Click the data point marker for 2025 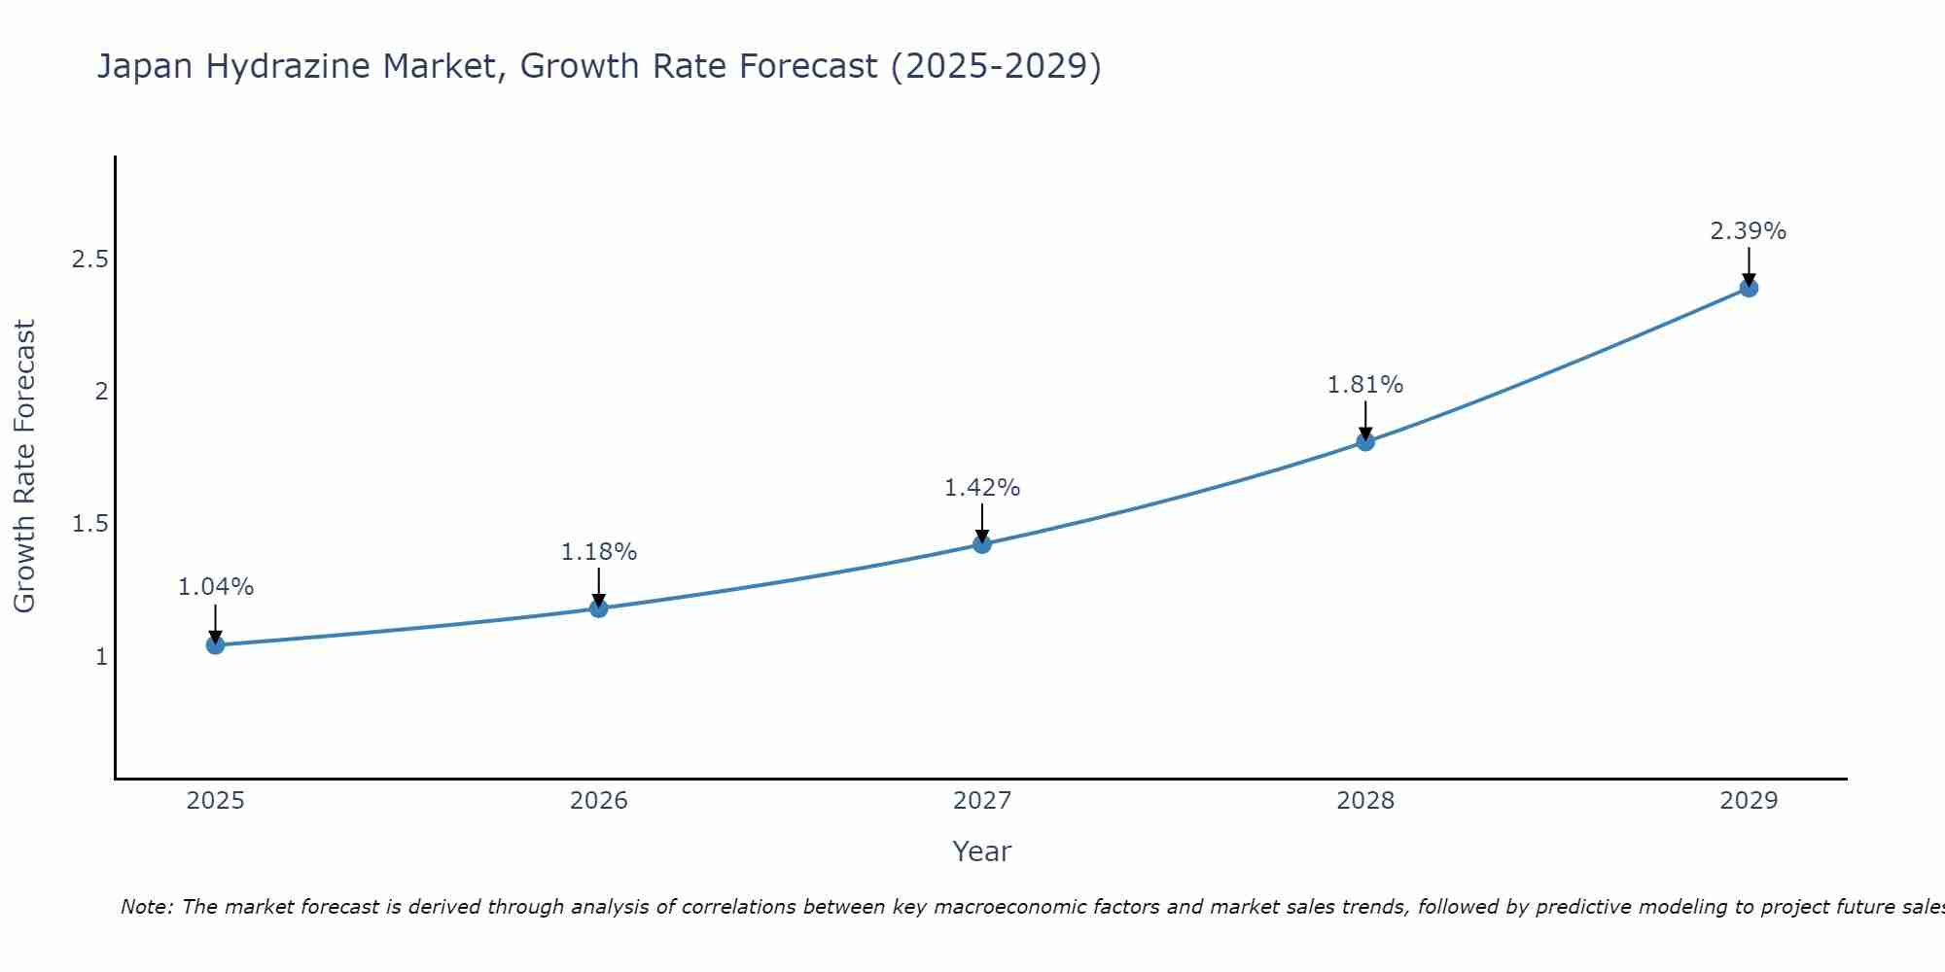click(215, 644)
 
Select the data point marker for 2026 click(598, 608)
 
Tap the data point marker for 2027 click(982, 544)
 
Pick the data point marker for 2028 click(1365, 442)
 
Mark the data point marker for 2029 click(1749, 288)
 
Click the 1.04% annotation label click(215, 587)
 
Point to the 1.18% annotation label click(598, 552)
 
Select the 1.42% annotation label click(982, 488)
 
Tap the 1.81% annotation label click(1365, 385)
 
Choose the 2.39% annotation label click(1749, 231)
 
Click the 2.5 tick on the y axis click(89, 260)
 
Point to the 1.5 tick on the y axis click(89, 524)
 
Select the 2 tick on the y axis click(100, 392)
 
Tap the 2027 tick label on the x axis click(982, 801)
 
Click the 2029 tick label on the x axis click(1749, 801)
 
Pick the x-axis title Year click(982, 851)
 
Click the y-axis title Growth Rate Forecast click(24, 467)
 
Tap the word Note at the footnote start click(146, 907)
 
